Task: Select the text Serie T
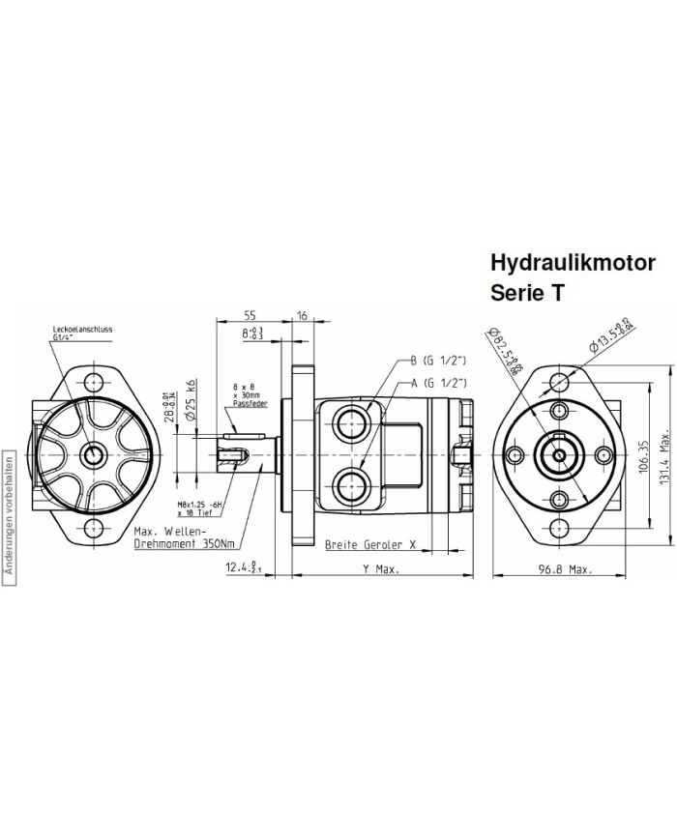528,294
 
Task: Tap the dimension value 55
250,315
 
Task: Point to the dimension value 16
302,315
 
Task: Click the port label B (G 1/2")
440,361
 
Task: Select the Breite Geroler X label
370,545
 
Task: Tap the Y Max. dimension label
380,570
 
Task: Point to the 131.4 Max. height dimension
664,454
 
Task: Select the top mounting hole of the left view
94,380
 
